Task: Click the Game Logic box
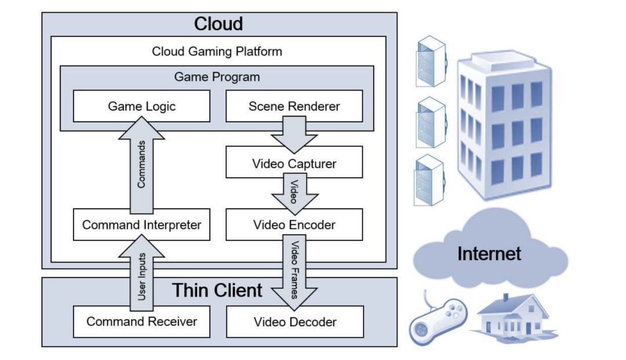click(x=141, y=106)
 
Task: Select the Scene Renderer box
click(x=294, y=106)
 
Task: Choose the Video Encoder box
click(x=294, y=224)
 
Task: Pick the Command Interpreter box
click(x=141, y=224)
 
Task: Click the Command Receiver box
click(x=141, y=321)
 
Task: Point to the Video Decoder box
click(x=294, y=321)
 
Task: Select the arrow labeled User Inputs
click(x=141, y=272)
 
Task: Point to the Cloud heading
click(x=219, y=24)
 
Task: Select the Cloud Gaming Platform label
click(x=217, y=51)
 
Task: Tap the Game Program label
click(x=217, y=77)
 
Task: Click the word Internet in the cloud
click(x=489, y=253)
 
